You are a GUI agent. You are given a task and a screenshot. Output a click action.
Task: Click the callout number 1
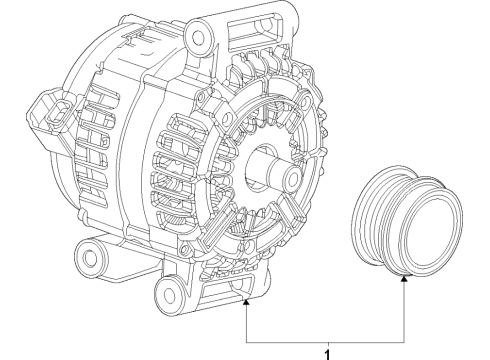[x=325, y=352]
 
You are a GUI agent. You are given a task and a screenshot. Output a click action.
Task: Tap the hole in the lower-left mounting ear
[x=92, y=259]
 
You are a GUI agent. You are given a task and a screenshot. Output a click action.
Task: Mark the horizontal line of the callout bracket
[x=325, y=337]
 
